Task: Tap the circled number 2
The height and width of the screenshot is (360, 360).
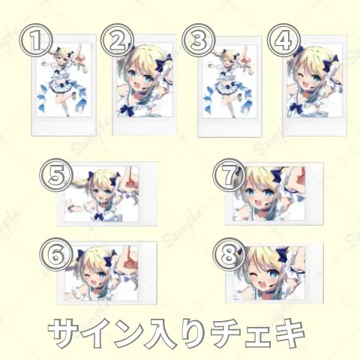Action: point(117,40)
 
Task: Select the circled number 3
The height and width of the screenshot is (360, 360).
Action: point(197,40)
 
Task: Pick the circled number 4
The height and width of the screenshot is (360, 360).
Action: point(283,40)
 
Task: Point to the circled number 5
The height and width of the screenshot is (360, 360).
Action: point(57,175)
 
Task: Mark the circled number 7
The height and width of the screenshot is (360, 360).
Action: point(228,175)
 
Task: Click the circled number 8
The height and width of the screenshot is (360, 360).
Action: point(228,254)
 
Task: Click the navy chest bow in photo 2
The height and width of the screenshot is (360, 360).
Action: point(128,109)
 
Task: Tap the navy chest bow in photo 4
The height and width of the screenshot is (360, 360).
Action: point(297,107)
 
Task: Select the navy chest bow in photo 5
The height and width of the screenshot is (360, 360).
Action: point(100,217)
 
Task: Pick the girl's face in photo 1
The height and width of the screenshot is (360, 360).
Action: point(61,58)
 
